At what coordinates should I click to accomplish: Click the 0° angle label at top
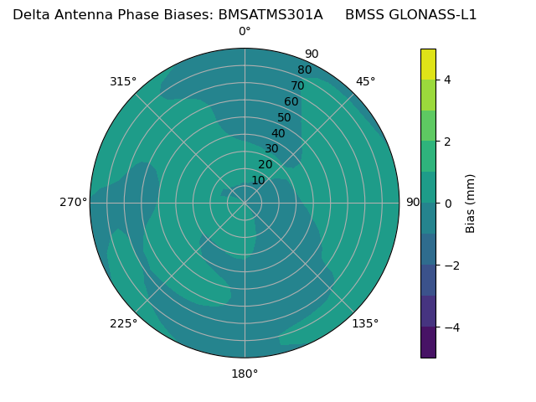(x=245, y=32)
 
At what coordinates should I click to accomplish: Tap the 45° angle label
(x=366, y=81)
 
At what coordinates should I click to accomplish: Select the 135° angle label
(x=365, y=323)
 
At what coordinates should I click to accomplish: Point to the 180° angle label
(x=245, y=374)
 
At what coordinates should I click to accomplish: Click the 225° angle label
(x=123, y=323)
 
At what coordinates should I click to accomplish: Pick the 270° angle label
(x=74, y=203)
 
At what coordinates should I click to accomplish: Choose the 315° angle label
(x=123, y=81)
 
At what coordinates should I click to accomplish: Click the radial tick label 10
(x=258, y=180)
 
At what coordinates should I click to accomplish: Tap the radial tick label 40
(x=278, y=134)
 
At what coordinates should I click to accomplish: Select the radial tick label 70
(x=297, y=86)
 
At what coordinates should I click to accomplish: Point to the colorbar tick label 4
(x=448, y=80)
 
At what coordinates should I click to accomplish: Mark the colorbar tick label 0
(x=448, y=203)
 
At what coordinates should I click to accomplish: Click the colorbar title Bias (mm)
(x=471, y=203)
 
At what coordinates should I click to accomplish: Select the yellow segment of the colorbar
(x=428, y=64)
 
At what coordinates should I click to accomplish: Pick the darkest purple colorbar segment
(x=428, y=342)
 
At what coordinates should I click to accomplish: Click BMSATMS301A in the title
(x=271, y=15)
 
